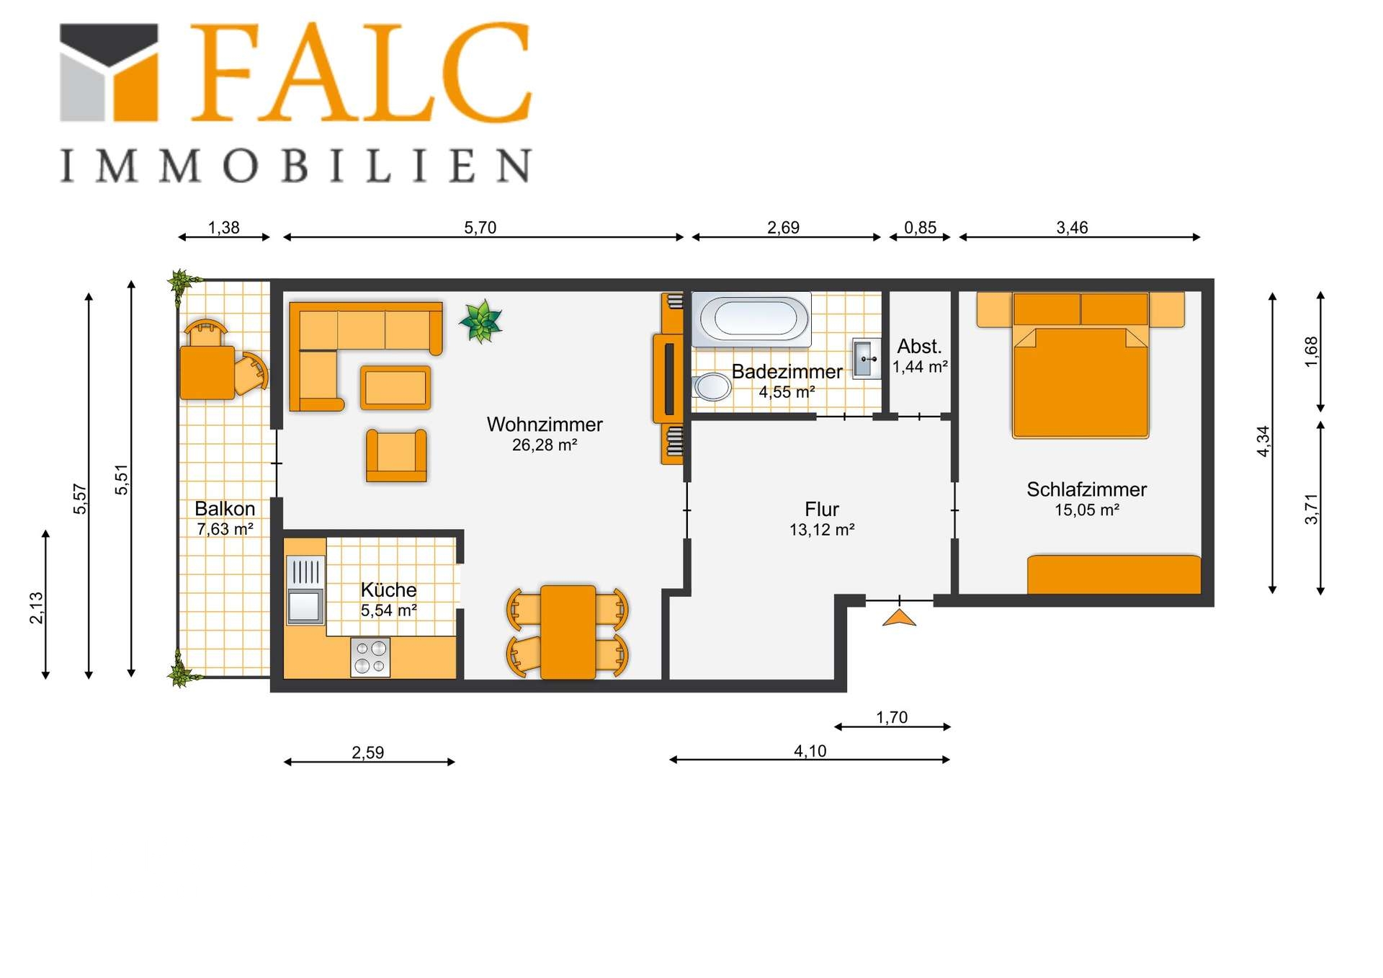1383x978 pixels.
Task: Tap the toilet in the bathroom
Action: (711, 387)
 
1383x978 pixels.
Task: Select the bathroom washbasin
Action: (867, 358)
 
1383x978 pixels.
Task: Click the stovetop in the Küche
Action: (370, 657)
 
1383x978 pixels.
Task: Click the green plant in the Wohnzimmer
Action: (480, 321)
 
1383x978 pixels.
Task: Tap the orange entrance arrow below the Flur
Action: (899, 618)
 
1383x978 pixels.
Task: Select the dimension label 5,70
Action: (480, 228)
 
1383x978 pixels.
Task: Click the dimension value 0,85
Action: (920, 228)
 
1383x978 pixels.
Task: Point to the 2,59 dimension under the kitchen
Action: (367, 752)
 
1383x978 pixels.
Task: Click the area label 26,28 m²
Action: (545, 445)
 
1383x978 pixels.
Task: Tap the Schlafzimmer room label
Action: (1086, 489)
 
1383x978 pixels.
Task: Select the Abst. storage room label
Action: (919, 346)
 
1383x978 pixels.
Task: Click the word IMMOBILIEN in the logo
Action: (296, 166)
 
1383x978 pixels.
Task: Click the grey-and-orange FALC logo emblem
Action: (109, 72)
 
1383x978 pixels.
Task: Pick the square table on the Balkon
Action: (207, 373)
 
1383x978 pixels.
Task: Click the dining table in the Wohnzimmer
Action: (568, 632)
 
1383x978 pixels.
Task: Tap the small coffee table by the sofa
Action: (395, 388)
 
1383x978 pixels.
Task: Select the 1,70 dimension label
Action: (892, 717)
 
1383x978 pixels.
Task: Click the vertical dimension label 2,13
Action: (36, 608)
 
